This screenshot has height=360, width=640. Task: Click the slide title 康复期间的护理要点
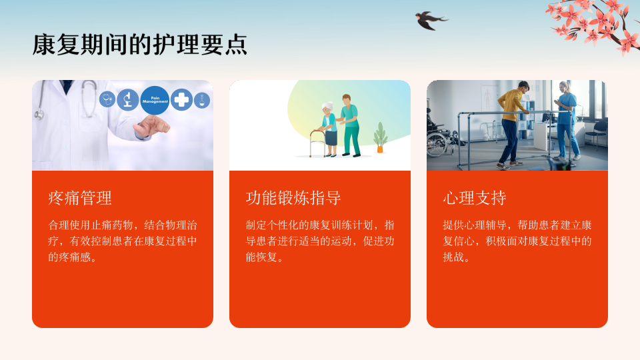pos(139,45)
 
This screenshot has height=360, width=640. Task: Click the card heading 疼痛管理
pos(80,198)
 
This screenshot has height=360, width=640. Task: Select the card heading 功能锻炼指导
pos(293,198)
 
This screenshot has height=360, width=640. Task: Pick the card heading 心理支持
pos(475,198)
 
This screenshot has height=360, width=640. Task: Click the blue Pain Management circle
pos(155,100)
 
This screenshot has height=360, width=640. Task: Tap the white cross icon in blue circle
pos(181,99)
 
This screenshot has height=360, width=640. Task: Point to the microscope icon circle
pos(128,99)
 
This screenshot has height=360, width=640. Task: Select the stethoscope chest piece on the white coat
pos(39,115)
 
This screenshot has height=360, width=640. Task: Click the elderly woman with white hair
pos(329,129)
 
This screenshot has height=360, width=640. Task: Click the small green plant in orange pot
pos(381,137)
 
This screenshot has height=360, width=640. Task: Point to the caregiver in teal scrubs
pos(350,126)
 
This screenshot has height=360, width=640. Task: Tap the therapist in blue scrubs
pos(567,121)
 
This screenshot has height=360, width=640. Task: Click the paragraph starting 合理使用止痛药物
pos(123,241)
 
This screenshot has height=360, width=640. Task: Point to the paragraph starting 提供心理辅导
pos(517,241)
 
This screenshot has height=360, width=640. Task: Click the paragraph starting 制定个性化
pos(320,241)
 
